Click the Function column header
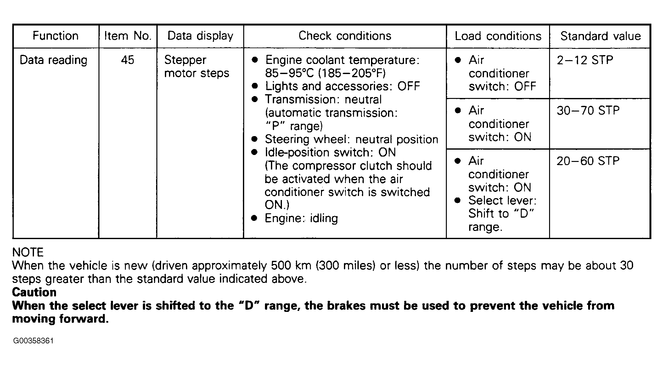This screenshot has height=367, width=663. [55, 36]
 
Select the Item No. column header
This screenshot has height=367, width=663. [128, 36]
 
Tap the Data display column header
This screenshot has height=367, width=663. [200, 36]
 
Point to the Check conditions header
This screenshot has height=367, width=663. [345, 36]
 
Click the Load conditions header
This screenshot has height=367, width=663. [498, 36]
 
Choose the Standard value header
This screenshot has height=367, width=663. [600, 36]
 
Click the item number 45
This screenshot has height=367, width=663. [127, 60]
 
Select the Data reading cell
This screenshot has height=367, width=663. [53, 60]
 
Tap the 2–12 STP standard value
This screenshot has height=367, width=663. [585, 60]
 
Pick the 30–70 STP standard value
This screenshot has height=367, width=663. [588, 111]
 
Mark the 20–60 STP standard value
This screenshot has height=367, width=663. [588, 161]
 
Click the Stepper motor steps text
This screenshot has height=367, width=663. [197, 66]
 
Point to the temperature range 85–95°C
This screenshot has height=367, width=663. [289, 73]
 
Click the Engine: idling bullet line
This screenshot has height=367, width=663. [301, 218]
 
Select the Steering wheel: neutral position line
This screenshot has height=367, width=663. [351, 139]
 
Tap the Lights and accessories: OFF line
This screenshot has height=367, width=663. [342, 86]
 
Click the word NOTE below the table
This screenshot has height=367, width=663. [28, 252]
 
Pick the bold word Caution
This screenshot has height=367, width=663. [34, 292]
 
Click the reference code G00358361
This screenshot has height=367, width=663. [33, 341]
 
